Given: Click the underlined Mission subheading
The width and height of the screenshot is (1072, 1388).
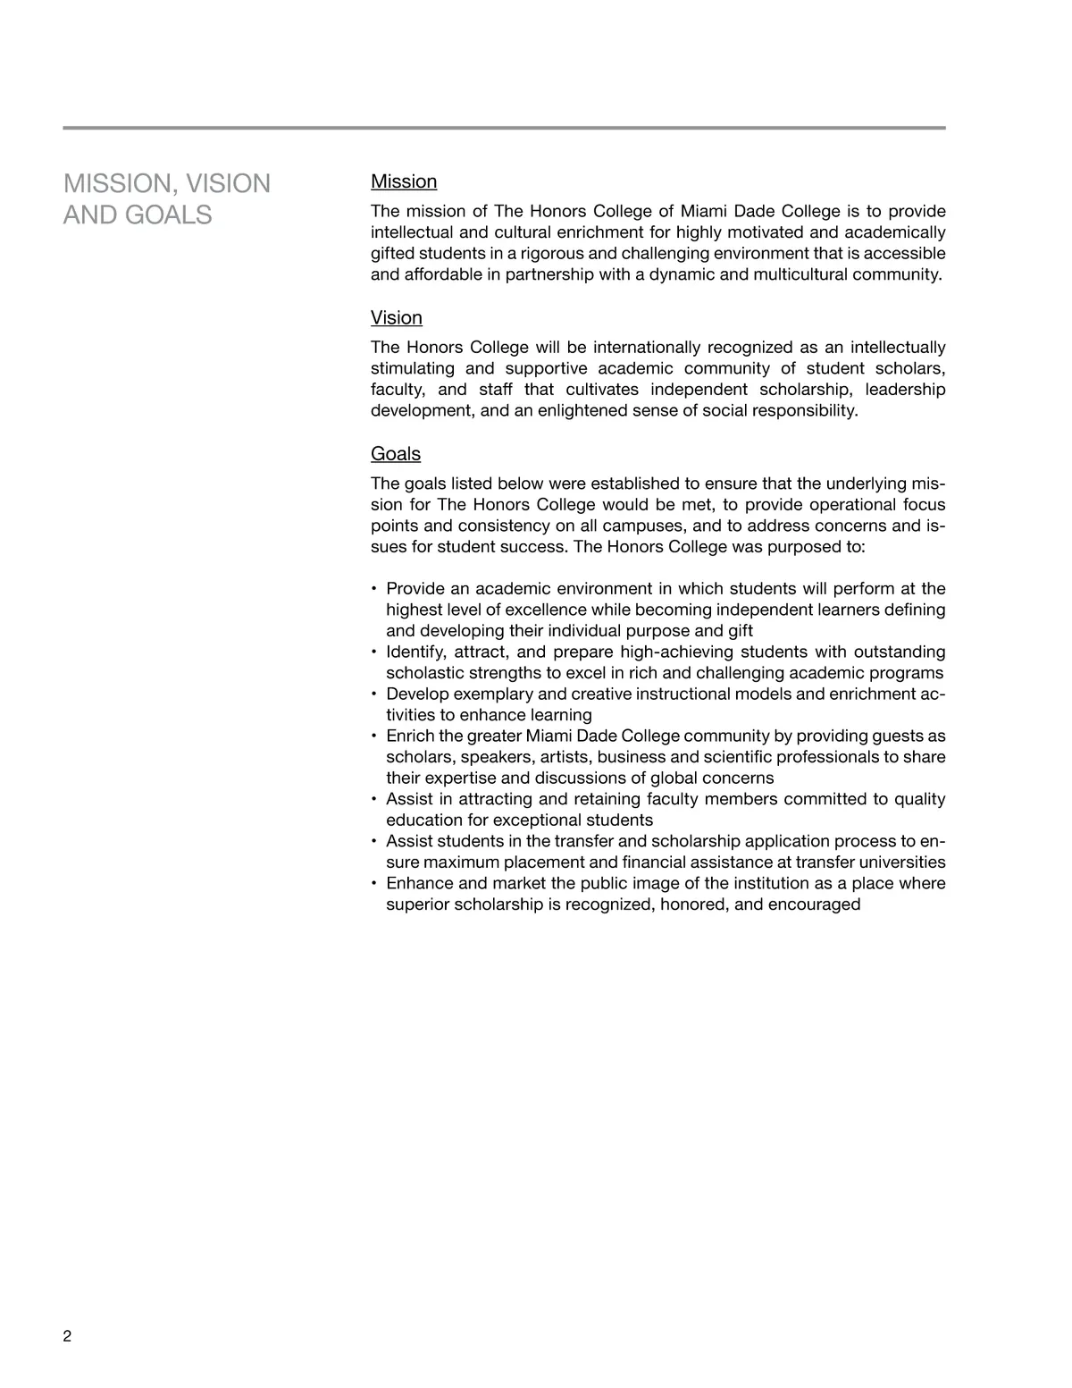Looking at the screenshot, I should (404, 182).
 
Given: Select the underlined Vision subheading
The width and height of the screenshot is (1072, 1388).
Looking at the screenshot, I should (397, 318).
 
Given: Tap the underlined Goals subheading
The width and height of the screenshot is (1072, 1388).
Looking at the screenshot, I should (396, 454).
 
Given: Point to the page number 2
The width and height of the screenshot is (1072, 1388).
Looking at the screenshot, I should (68, 1337).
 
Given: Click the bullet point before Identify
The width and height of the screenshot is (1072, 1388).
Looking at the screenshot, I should (373, 652).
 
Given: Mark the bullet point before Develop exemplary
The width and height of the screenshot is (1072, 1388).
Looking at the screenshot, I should (373, 694).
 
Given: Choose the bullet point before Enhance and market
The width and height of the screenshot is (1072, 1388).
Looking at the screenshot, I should (373, 884).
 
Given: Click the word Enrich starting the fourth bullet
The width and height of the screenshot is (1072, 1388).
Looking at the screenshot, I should (410, 736).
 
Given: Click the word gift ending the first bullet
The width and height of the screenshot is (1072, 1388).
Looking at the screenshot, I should (741, 631).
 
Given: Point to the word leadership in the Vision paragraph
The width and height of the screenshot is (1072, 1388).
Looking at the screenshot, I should (905, 390).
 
